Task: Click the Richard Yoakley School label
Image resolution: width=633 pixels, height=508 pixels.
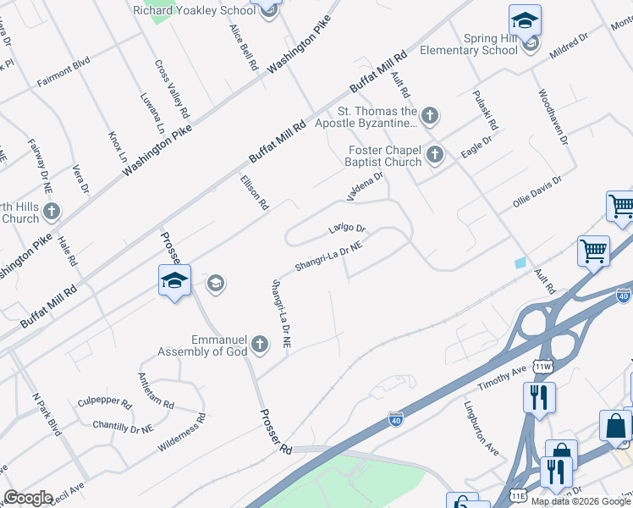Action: (194, 11)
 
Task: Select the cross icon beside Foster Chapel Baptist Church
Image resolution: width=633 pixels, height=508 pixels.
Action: (435, 154)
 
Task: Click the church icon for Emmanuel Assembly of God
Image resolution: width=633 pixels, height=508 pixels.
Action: (260, 345)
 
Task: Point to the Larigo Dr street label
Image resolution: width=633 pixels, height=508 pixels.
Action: (347, 229)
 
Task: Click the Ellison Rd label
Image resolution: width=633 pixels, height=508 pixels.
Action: (254, 192)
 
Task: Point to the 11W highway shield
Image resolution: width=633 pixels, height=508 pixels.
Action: (542, 367)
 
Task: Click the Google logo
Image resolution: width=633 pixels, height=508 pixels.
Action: (28, 497)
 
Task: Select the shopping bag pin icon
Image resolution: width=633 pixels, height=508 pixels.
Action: (615, 426)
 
